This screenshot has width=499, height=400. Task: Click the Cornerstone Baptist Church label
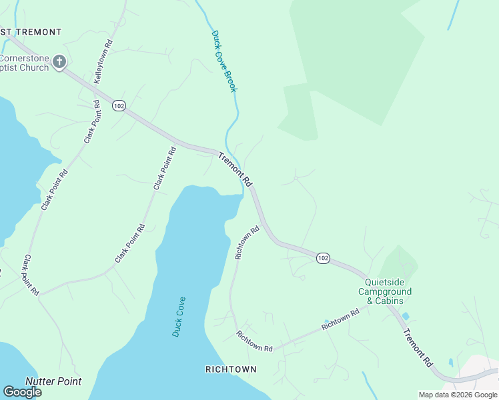pyautogui.click(x=25, y=63)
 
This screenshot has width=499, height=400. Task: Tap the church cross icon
pyautogui.click(x=59, y=63)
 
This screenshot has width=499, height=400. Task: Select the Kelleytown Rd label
pyautogui.click(x=103, y=61)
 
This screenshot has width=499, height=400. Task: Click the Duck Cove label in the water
pyautogui.click(x=179, y=317)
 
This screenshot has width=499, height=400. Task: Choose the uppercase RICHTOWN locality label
pyautogui.click(x=231, y=369)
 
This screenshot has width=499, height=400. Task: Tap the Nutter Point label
pyautogui.click(x=53, y=381)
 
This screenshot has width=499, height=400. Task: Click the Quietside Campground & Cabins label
pyautogui.click(x=385, y=291)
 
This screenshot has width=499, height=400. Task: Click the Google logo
pyautogui.click(x=22, y=392)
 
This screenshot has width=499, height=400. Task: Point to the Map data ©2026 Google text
pyautogui.click(x=458, y=395)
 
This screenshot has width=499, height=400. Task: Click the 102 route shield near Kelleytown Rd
pyautogui.click(x=119, y=106)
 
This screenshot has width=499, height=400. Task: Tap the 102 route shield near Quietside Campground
pyautogui.click(x=323, y=258)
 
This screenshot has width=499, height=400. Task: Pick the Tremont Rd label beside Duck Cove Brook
pyautogui.click(x=236, y=170)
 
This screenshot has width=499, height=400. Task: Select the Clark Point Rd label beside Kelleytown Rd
pyautogui.click(x=91, y=122)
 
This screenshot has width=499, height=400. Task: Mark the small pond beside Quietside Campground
pyautogui.click(x=406, y=316)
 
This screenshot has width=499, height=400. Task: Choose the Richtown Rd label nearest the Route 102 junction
pyautogui.click(x=247, y=243)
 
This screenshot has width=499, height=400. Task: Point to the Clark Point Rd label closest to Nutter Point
pyautogui.click(x=31, y=275)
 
